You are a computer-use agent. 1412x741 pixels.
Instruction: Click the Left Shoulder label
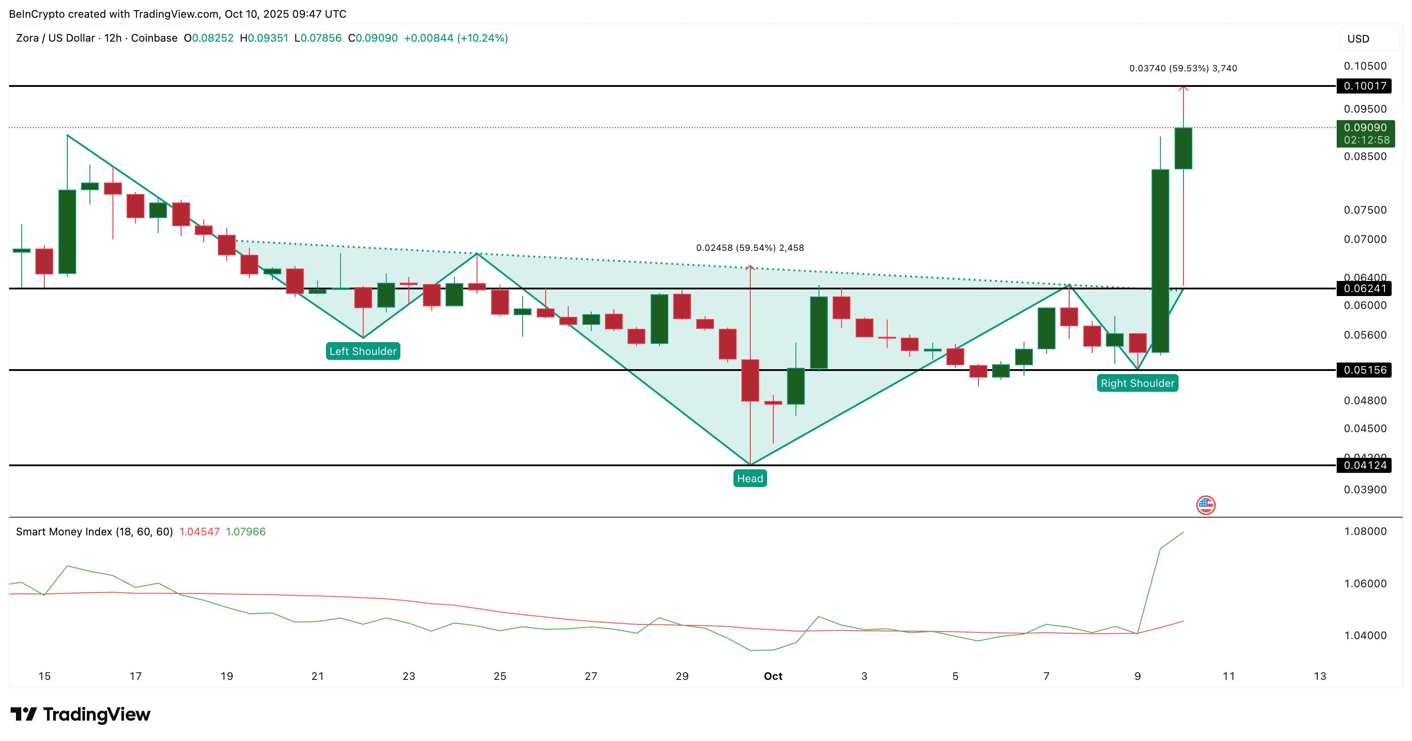(362, 351)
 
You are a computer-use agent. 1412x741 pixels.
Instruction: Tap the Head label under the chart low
(749, 478)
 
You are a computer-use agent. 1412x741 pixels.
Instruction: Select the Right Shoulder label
(1137, 383)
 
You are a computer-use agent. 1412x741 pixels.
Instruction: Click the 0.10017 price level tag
(1365, 86)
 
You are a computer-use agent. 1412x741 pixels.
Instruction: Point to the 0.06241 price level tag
(1365, 289)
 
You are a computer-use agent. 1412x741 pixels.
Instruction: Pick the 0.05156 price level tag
(1365, 370)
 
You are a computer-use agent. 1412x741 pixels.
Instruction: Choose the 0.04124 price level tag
(1365, 465)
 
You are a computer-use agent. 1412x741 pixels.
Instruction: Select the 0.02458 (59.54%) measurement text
(749, 247)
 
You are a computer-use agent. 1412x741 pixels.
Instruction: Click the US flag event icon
(1205, 505)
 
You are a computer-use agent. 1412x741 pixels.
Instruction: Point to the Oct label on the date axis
(773, 676)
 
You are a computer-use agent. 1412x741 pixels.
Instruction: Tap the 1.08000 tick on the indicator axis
(1365, 531)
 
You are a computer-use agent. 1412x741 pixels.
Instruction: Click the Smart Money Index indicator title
(94, 531)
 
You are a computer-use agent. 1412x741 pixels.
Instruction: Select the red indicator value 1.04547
(199, 531)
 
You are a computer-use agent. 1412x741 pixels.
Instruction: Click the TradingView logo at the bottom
(80, 714)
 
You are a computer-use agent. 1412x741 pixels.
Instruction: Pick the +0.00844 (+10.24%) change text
(455, 38)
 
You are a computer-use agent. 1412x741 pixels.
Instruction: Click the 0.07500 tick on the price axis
(1365, 210)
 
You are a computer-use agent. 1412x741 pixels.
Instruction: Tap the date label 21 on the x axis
(318, 676)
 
